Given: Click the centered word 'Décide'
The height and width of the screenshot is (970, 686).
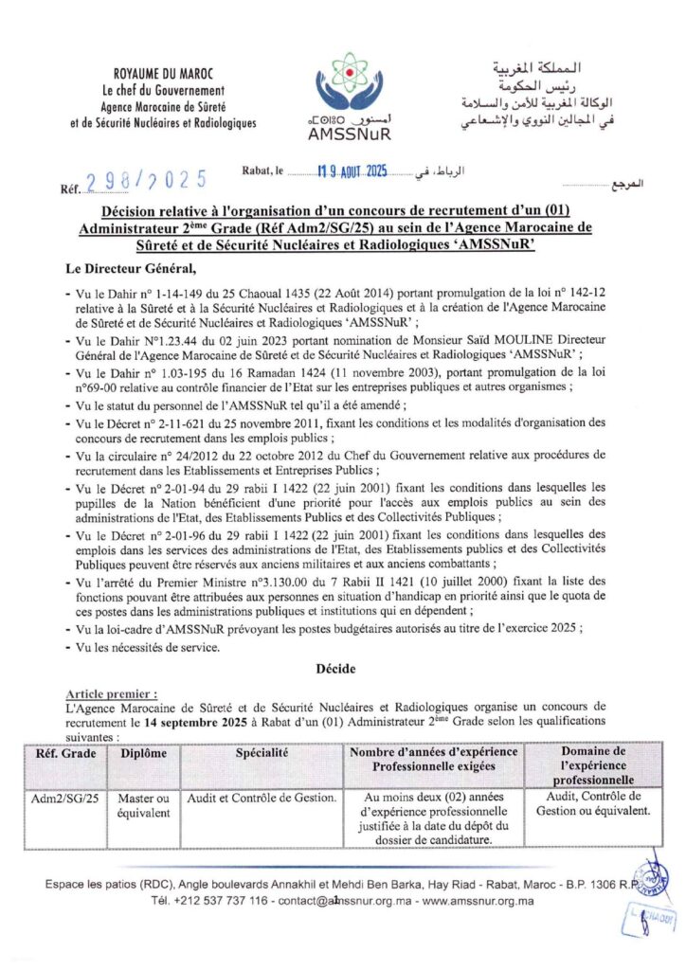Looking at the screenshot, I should [x=342, y=669].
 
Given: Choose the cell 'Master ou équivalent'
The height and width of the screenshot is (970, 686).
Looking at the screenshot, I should [x=143, y=805].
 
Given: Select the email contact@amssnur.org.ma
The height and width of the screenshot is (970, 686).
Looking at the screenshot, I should [x=348, y=901].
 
